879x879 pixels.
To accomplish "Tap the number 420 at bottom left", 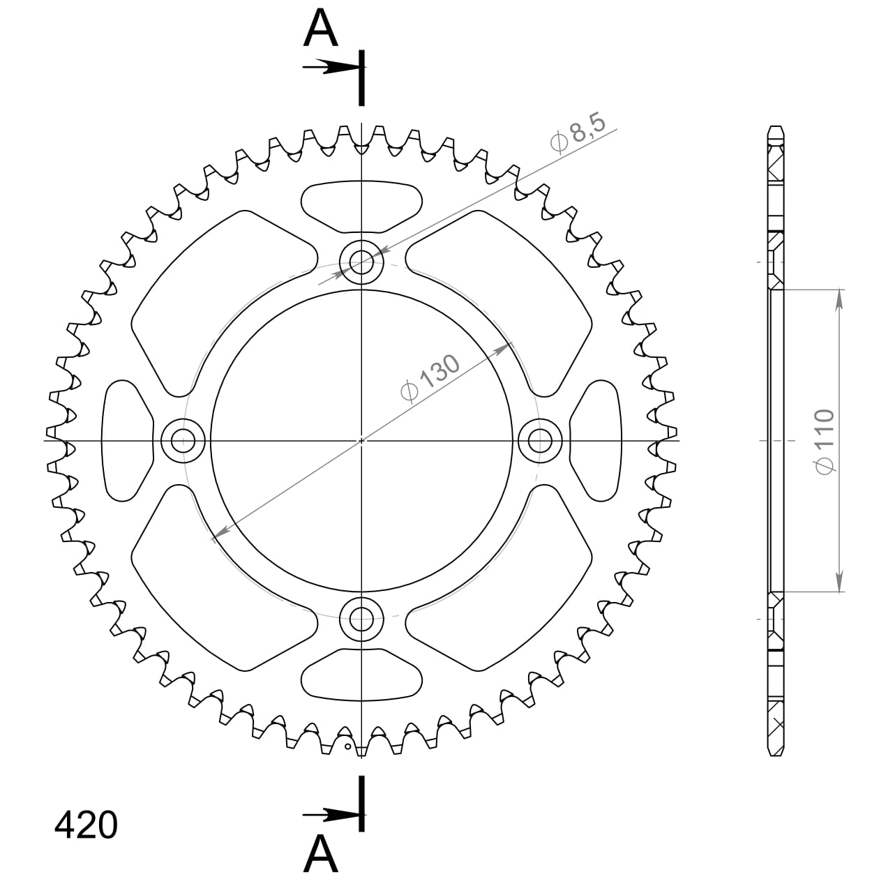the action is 86,825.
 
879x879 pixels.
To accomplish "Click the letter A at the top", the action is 321,29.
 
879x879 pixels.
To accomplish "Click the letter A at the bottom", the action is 321,852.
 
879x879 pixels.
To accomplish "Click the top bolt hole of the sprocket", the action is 361,263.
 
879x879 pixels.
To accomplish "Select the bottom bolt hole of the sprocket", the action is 361,617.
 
